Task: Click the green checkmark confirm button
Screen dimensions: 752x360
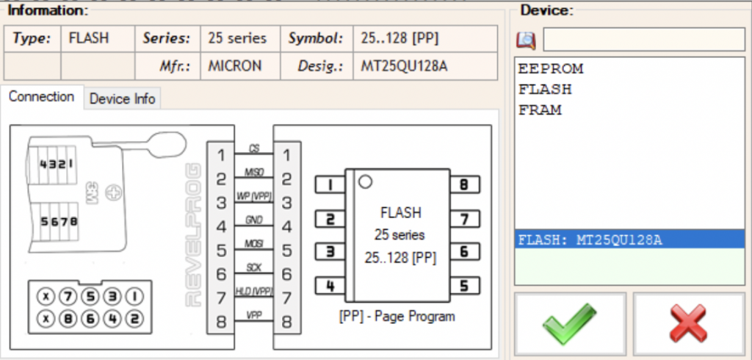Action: point(570,323)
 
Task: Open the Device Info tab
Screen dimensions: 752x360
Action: point(123,99)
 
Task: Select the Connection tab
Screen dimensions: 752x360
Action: point(42,97)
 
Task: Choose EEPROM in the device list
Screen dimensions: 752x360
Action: point(551,69)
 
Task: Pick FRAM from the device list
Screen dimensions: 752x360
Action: point(540,110)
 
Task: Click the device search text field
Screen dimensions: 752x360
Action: point(643,40)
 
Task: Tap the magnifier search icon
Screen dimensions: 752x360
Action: point(526,40)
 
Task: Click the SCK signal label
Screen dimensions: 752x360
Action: point(254,268)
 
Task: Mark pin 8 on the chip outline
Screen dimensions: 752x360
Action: point(464,185)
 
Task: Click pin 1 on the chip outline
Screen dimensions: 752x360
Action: point(330,185)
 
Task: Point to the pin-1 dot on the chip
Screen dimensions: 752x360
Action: point(365,182)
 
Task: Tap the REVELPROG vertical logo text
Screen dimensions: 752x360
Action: point(193,234)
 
